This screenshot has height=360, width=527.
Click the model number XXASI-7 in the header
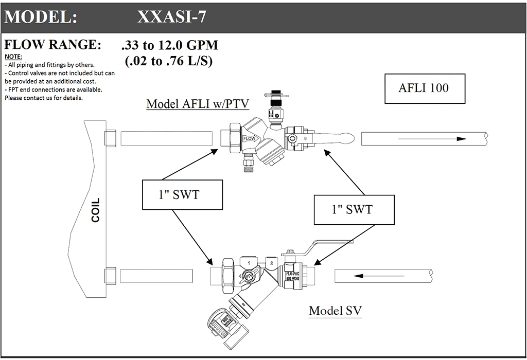click(172, 17)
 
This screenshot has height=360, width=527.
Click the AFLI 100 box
click(424, 88)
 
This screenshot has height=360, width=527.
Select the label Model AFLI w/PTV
click(198, 104)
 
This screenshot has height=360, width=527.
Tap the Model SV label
click(335, 311)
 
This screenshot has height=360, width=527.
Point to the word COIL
click(96, 210)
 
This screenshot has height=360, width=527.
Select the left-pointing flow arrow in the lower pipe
click(362, 276)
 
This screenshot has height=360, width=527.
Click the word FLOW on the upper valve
click(249, 139)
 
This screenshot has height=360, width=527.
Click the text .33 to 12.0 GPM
click(170, 45)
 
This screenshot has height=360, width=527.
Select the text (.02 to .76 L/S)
click(169, 61)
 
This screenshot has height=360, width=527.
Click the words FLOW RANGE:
click(52, 45)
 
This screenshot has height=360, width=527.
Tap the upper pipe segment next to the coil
click(166, 138)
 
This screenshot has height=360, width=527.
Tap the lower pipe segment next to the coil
click(164, 276)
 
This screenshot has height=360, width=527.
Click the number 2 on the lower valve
click(272, 263)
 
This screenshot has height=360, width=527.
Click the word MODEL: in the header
click(41, 17)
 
